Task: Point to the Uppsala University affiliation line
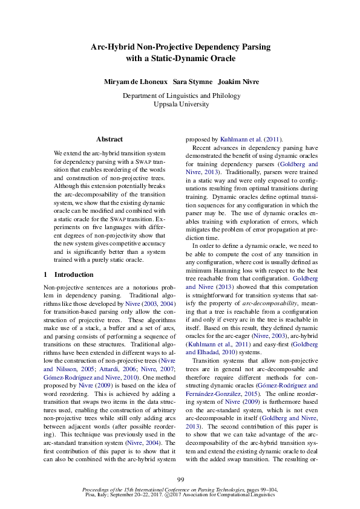[x=180, y=104]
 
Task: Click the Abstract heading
[x=110, y=139]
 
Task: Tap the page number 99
[x=180, y=479]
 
